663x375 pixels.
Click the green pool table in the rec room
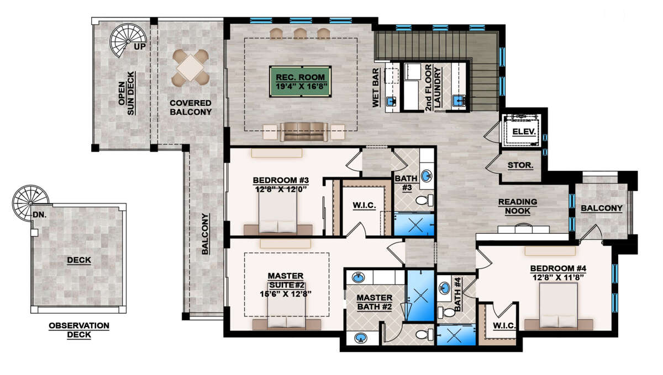coord(300,82)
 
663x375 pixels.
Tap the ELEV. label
coord(524,132)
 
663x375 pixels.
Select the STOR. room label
coord(520,165)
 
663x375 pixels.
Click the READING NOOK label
coord(518,206)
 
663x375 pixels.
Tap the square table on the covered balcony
coord(191,67)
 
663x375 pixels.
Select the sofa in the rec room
coord(304,132)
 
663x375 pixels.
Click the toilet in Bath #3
coord(424,201)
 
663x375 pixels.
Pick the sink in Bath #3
coord(426,176)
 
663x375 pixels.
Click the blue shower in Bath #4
coord(456,335)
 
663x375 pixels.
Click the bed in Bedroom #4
coord(559,307)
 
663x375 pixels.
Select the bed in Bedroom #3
coord(278,214)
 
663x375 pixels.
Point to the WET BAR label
coord(375,88)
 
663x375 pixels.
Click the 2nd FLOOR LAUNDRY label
coord(433,88)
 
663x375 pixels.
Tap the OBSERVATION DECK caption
coord(79,330)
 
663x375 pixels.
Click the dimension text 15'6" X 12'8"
coord(286,294)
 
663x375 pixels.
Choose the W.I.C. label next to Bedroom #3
coord(364,205)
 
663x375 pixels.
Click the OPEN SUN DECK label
coord(127,93)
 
